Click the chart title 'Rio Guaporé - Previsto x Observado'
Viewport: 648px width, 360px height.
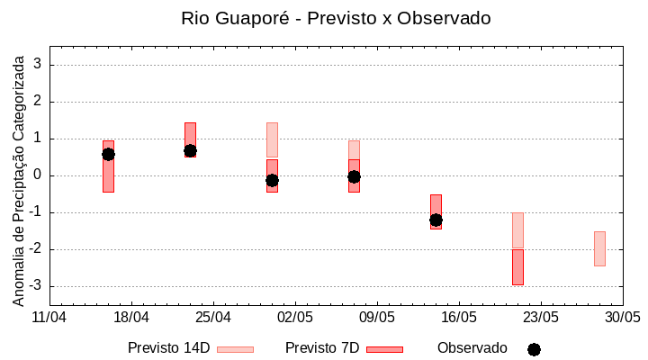pos(336,18)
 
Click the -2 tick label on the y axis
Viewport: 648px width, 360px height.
pos(37,249)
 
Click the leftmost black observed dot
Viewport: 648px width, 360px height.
pos(108,154)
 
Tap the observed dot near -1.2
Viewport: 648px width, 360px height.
pos(436,220)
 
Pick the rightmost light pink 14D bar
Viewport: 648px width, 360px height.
pos(599,248)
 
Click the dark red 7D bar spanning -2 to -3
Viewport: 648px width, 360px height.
pos(517,267)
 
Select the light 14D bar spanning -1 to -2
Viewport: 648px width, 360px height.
pos(517,230)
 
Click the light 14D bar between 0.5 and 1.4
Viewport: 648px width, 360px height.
pos(272,139)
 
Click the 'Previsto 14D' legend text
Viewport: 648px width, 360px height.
pos(168,347)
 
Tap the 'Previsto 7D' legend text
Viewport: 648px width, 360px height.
pos(321,347)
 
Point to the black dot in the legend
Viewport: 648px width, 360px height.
pos(534,349)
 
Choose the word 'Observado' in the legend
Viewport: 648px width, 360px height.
pos(472,347)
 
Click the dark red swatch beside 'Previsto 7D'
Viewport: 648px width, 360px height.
pos(384,349)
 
